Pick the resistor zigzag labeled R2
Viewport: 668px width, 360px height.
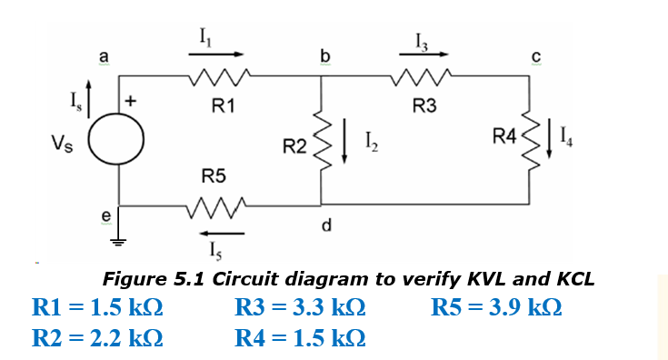(321, 142)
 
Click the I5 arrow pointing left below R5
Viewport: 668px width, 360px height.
(216, 233)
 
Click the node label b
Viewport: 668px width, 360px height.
(323, 58)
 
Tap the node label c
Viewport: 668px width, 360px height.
(535, 58)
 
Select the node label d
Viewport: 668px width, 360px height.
(324, 225)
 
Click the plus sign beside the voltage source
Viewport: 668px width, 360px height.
(133, 103)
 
